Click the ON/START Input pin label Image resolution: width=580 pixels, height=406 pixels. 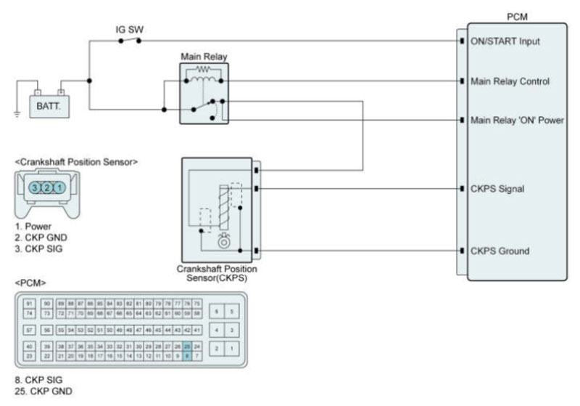click(505, 41)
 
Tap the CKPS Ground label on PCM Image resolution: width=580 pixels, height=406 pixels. click(500, 251)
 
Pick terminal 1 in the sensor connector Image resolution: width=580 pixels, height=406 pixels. click(61, 187)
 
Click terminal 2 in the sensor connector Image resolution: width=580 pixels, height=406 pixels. click(48, 187)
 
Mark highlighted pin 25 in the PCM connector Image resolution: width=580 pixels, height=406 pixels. click(187, 346)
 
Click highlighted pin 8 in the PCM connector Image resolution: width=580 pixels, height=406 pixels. click(187, 357)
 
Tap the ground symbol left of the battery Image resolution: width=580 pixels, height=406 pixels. click(17, 114)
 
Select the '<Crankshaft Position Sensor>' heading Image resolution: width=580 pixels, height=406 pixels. click(76, 161)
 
